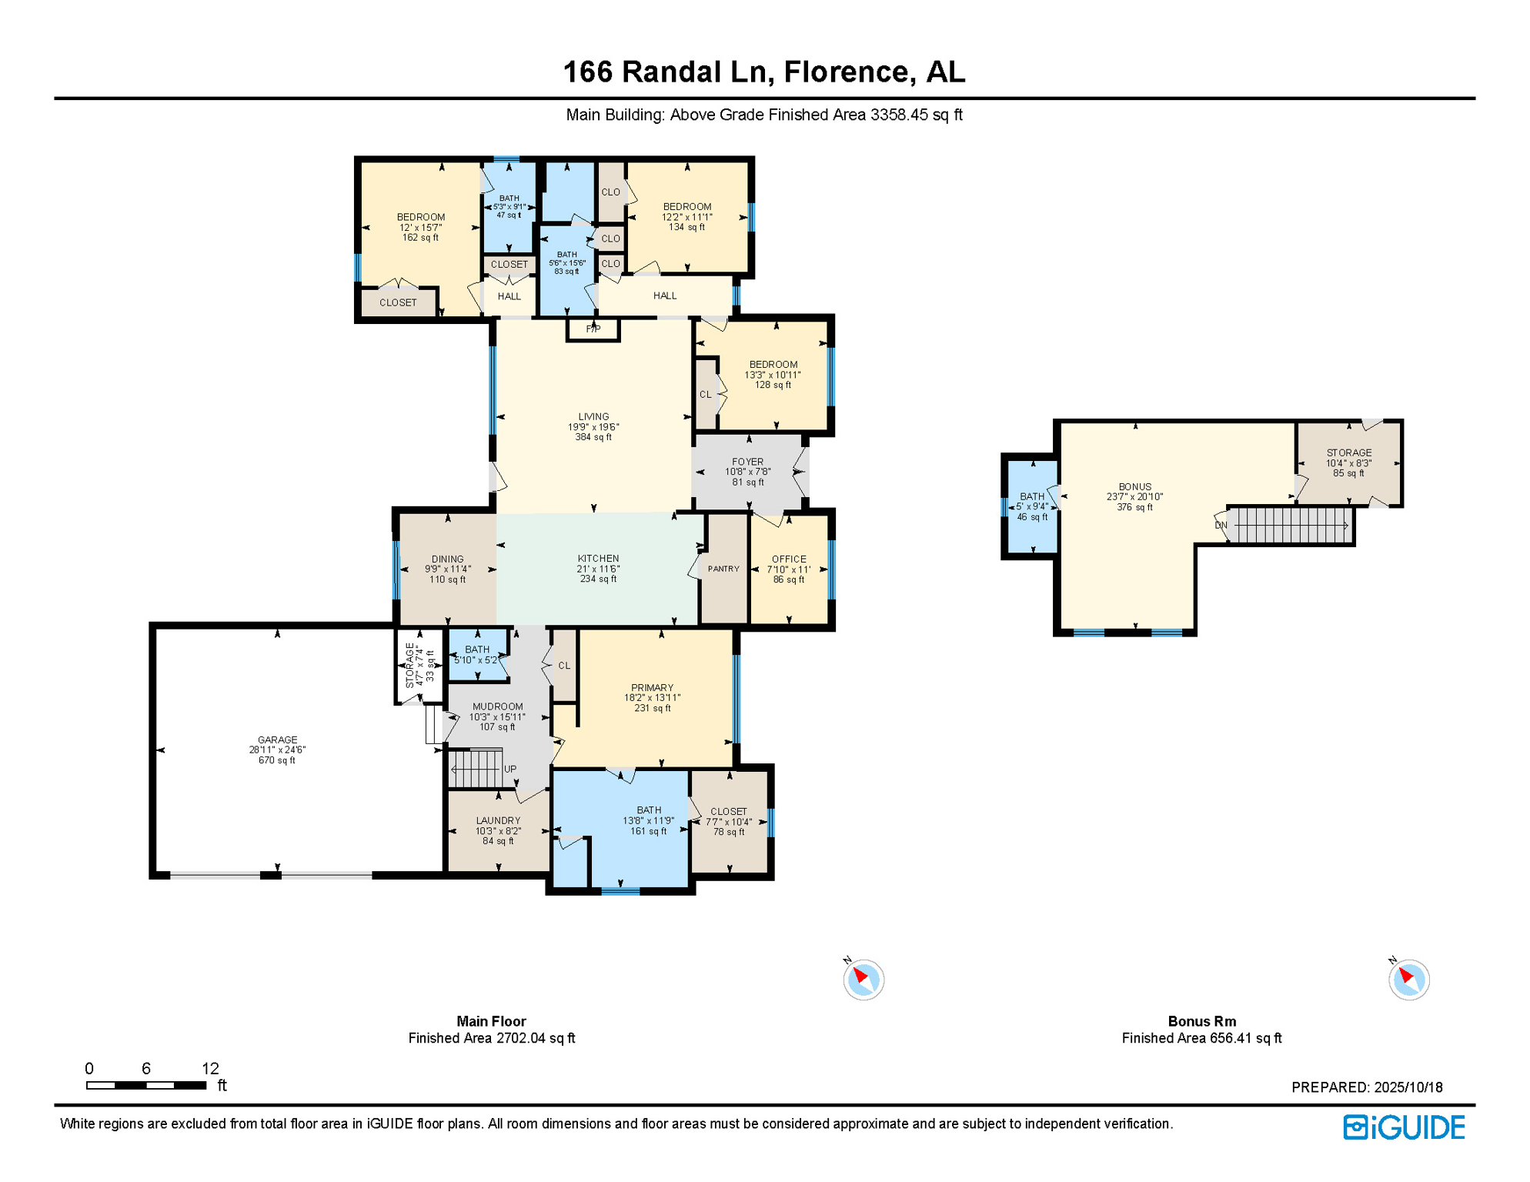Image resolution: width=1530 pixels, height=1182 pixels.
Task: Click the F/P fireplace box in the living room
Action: tap(593, 329)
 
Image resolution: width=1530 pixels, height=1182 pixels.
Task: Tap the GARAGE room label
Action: tap(277, 740)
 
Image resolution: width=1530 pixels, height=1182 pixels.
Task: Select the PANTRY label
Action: tap(723, 569)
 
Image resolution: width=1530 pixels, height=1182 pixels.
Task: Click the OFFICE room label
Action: tap(789, 559)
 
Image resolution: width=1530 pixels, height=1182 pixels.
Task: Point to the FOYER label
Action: tap(747, 462)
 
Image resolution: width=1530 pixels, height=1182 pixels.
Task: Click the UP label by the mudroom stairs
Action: tap(510, 769)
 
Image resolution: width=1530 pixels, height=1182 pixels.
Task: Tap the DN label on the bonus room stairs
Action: tap(1221, 526)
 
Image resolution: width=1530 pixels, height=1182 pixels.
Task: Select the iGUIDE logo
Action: tap(1404, 1127)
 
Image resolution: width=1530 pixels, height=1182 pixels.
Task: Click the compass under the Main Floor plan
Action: tap(863, 980)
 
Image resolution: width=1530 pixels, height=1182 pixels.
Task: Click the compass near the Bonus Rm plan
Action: tap(1408, 980)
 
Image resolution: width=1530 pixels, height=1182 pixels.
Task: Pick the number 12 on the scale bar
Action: tap(210, 1068)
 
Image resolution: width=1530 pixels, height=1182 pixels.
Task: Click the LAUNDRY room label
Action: tap(498, 820)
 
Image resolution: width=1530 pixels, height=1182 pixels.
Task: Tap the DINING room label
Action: tap(447, 559)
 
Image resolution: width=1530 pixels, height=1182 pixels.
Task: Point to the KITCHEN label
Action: tap(598, 559)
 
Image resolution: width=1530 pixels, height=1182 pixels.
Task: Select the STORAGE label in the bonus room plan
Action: tap(1348, 452)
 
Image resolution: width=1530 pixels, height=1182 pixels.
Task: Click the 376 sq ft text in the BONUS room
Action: tap(1134, 507)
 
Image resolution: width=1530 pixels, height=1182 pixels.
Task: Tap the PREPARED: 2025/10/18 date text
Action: tap(1366, 1087)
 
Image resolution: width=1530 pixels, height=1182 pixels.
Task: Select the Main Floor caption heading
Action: tap(491, 1021)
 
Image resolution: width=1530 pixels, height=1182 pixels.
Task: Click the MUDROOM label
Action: tap(497, 706)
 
